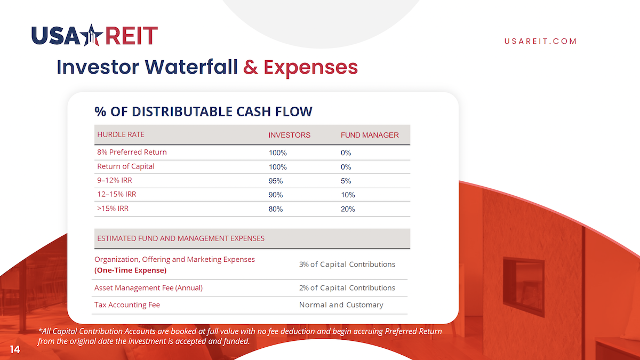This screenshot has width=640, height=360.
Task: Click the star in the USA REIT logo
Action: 91,35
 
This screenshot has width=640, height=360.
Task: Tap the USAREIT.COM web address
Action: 540,41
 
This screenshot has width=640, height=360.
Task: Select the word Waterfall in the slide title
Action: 191,67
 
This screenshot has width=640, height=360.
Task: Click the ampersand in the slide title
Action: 250,67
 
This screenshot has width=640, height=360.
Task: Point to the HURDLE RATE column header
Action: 121,134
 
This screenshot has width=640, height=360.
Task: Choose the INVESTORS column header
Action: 289,135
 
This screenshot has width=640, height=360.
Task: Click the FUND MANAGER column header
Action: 370,135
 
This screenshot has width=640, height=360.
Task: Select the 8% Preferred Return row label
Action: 132,152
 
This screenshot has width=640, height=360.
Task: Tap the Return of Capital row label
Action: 126,166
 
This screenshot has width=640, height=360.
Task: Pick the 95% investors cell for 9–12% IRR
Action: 275,181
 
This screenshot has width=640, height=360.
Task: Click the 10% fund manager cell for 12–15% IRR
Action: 348,195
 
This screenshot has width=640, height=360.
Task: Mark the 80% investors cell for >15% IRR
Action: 275,209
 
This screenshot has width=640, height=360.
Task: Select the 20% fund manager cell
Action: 348,209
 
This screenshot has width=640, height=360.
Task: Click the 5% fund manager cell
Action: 346,181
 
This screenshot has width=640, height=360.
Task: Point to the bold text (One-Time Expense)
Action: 130,270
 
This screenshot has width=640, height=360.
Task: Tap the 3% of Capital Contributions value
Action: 347,265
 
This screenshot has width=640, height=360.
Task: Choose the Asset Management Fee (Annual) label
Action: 148,287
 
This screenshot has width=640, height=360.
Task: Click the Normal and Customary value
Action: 341,305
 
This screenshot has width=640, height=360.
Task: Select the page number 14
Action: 15,349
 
